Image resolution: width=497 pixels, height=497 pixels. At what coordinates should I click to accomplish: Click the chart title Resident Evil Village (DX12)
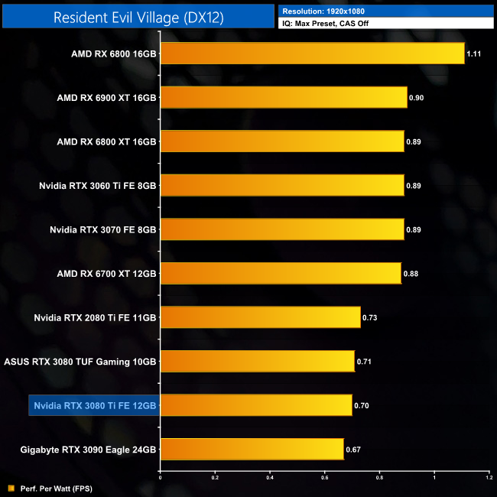coord(138,18)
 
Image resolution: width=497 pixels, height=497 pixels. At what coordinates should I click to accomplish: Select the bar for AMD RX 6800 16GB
coord(312,54)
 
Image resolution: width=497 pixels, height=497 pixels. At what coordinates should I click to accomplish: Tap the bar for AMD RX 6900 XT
coord(283,98)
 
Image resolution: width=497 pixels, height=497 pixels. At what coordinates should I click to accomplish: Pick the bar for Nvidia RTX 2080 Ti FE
coord(260,317)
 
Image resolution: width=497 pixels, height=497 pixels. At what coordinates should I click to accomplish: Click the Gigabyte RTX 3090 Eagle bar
coord(252,449)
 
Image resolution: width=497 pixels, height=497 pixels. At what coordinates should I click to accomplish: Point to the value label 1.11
coord(475,54)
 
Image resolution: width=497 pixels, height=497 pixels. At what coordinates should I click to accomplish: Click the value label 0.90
coord(417,98)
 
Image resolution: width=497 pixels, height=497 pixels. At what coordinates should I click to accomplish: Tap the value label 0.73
coord(371,317)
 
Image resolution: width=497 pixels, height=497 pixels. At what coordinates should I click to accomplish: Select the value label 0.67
coord(354,450)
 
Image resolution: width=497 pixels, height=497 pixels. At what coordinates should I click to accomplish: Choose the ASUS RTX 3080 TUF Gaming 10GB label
coord(80,361)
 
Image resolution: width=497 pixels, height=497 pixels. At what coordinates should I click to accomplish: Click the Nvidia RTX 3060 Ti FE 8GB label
coord(98,185)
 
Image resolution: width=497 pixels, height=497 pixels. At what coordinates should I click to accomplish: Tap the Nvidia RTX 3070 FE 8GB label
coord(103,229)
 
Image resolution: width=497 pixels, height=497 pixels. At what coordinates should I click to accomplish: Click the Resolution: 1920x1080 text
coord(320,11)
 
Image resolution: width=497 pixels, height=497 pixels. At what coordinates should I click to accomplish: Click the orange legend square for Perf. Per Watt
coord(11,488)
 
